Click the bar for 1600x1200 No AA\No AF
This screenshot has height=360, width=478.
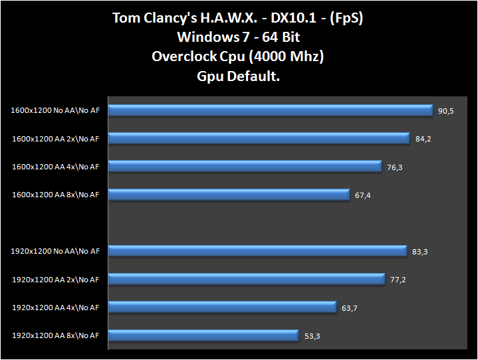click(270, 110)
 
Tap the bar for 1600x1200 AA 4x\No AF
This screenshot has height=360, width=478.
click(244, 166)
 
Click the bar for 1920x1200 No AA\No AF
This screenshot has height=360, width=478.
click(257, 250)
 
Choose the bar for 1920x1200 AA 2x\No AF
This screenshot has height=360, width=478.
click(246, 279)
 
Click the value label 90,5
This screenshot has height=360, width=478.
click(445, 111)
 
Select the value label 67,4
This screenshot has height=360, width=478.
click(362, 195)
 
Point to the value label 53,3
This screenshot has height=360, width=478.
click(312, 336)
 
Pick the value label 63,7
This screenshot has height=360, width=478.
click(349, 308)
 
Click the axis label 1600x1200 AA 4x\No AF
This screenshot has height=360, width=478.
click(55, 167)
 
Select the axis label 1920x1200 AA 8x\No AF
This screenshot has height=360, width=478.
click(55, 335)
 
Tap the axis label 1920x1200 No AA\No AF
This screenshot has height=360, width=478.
click(55, 251)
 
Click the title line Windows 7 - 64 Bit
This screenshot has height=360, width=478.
click(238, 37)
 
